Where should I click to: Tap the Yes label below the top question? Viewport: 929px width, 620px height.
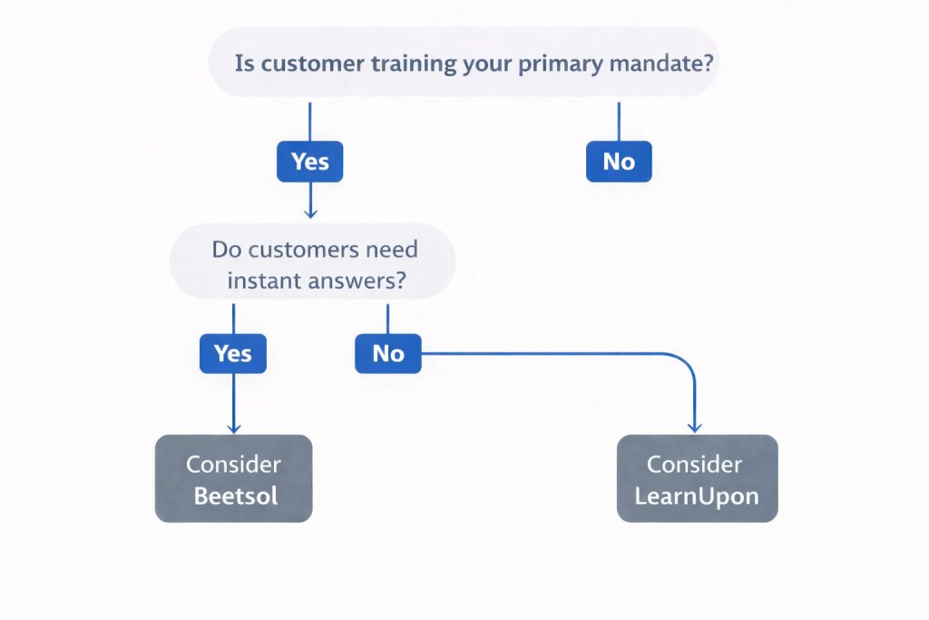click(309, 162)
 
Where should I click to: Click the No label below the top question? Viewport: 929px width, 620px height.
click(619, 162)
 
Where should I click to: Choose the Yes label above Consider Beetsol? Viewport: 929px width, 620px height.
click(233, 353)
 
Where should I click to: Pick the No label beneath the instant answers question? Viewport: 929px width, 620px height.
click(387, 353)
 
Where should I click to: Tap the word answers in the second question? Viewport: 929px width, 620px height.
click(356, 280)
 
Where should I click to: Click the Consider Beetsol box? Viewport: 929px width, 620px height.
click(233, 478)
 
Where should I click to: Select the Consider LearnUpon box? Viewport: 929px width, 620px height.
click(697, 478)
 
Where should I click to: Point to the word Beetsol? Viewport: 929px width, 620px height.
click(235, 496)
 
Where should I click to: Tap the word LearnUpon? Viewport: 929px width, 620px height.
click(696, 496)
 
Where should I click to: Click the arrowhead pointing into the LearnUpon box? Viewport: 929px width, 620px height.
click(695, 427)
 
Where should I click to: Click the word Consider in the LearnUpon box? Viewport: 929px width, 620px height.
click(694, 464)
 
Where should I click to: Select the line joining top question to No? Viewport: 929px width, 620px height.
click(619, 120)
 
